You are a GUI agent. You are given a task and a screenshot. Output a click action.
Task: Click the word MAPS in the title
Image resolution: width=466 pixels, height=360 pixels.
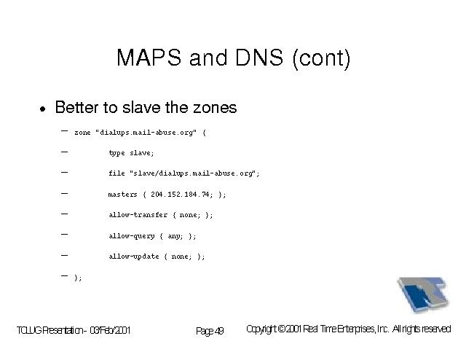pyautogui.click(x=149, y=57)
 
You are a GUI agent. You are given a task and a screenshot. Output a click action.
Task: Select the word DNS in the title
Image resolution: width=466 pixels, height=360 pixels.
pyautogui.click(x=259, y=57)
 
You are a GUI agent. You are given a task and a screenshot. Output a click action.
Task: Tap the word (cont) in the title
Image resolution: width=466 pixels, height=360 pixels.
pyautogui.click(x=322, y=58)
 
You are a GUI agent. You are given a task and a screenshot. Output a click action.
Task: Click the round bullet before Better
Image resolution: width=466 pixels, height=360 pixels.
pyautogui.click(x=43, y=109)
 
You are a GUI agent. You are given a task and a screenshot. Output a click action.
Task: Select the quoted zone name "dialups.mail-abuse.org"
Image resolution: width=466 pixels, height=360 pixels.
pyautogui.click(x=146, y=133)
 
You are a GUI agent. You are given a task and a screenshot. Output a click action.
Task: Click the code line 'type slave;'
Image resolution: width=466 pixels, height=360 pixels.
pyautogui.click(x=131, y=153)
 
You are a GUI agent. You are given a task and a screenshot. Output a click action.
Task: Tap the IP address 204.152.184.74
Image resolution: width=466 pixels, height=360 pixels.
pyautogui.click(x=180, y=195)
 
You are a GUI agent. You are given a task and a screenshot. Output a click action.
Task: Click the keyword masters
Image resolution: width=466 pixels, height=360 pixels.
pyautogui.click(x=123, y=195)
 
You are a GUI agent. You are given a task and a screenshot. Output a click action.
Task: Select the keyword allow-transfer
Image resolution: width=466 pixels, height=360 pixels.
pyautogui.click(x=138, y=215)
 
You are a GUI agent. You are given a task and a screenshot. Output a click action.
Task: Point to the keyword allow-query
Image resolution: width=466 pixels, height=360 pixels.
pyautogui.click(x=131, y=236)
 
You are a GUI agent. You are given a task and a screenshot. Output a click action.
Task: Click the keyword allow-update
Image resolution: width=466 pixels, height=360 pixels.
pyautogui.click(x=134, y=257)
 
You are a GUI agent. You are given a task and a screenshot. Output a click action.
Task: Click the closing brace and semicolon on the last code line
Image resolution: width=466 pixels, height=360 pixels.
pyautogui.click(x=78, y=278)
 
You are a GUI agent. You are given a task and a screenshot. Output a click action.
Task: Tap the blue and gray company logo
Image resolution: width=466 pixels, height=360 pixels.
pyautogui.click(x=423, y=294)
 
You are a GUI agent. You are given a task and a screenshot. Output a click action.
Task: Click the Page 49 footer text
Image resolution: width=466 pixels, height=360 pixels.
pyautogui.click(x=210, y=331)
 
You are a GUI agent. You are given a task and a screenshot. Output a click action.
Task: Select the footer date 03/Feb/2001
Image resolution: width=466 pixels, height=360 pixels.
pyautogui.click(x=110, y=330)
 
